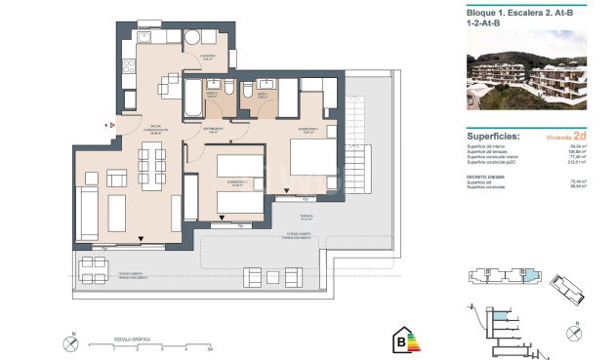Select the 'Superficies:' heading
click(x=493, y=137)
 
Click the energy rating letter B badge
click(x=399, y=341)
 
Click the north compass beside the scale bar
click(x=68, y=343)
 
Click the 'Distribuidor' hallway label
click(x=214, y=128)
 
